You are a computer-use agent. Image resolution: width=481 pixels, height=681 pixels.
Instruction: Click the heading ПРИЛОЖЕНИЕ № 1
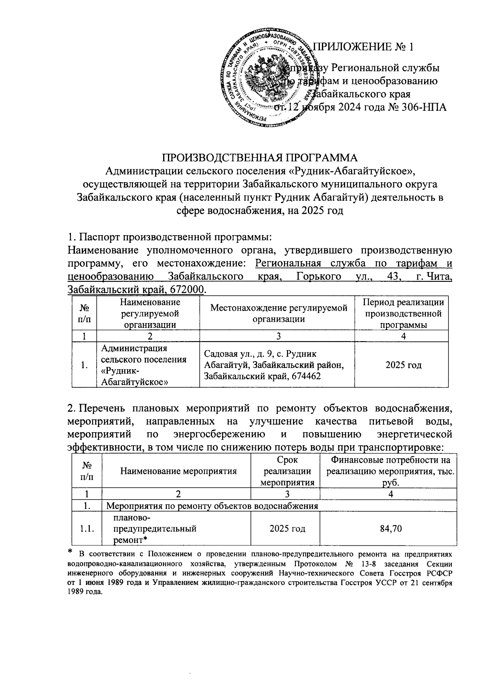click(x=363, y=47)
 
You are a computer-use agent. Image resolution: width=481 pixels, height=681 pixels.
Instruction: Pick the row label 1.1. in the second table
click(x=87, y=529)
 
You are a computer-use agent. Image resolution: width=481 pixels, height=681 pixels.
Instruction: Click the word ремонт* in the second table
click(x=129, y=540)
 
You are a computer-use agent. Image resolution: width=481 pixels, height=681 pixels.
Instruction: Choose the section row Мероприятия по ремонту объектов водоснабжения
click(x=212, y=506)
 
